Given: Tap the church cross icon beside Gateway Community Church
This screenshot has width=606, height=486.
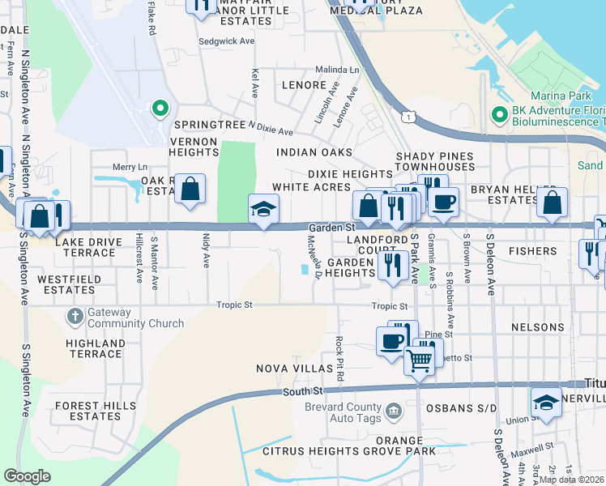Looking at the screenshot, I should point(75,316).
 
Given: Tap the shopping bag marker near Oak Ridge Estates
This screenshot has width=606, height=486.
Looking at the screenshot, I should point(189,190).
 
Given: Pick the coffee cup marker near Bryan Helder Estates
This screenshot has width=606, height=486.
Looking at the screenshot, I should point(443,202).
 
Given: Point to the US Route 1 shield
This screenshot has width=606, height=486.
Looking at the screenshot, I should point(411,118).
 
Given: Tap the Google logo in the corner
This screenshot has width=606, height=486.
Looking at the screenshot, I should point(27,476).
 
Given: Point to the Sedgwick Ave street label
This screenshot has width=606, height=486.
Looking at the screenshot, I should point(227,40).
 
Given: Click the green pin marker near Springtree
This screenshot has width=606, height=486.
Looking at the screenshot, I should point(160,108).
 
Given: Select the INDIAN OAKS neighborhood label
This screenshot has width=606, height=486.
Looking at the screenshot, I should point(314,152).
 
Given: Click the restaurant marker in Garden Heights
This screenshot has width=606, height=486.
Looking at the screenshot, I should point(393,265).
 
